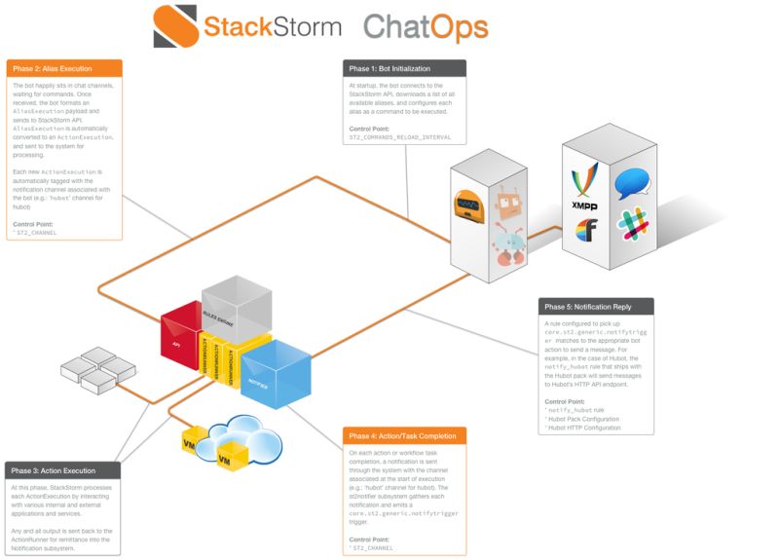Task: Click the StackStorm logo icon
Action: (x=175, y=25)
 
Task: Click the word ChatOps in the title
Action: (x=425, y=26)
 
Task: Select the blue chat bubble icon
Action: (x=631, y=182)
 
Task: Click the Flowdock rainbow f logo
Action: (x=584, y=231)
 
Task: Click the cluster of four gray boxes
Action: (x=97, y=370)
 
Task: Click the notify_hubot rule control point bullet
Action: (x=574, y=410)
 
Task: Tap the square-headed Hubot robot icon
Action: (x=506, y=203)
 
